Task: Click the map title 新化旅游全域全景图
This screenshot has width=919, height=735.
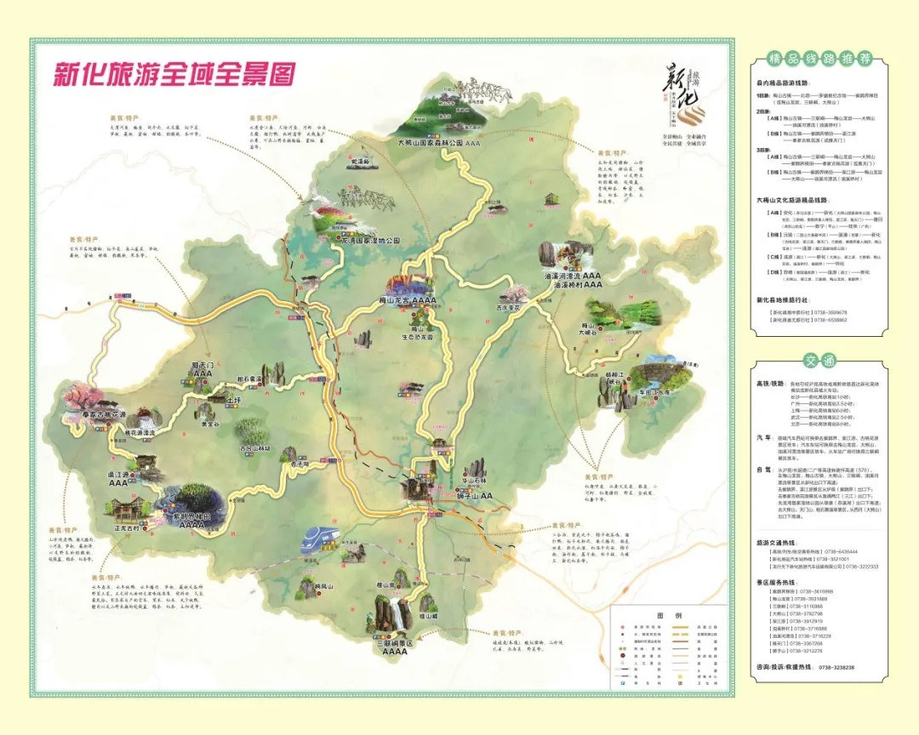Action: [175, 74]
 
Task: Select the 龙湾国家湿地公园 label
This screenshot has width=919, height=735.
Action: [358, 241]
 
